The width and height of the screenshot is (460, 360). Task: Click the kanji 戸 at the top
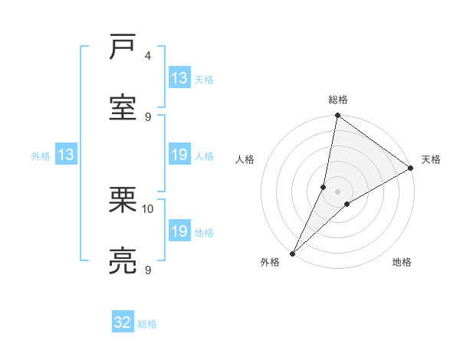(124, 47)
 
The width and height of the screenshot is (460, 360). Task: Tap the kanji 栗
(124, 200)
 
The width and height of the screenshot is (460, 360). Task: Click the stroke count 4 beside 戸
(148, 56)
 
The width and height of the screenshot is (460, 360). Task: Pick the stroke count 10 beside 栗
(148, 208)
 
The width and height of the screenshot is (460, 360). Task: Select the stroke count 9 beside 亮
(148, 270)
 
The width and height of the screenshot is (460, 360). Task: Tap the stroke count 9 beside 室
(148, 116)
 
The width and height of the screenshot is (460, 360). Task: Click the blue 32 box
(123, 322)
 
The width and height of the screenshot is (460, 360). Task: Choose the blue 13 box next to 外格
(66, 155)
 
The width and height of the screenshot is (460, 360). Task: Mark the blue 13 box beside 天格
(179, 78)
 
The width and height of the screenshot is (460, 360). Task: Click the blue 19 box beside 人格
(179, 155)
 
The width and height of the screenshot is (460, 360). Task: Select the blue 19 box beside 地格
(179, 231)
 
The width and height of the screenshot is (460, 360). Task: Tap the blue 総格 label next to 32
(147, 324)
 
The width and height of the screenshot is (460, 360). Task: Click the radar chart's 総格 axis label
(337, 100)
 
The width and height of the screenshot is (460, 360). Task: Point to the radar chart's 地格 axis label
(402, 263)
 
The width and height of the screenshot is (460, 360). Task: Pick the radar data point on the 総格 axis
(337, 116)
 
